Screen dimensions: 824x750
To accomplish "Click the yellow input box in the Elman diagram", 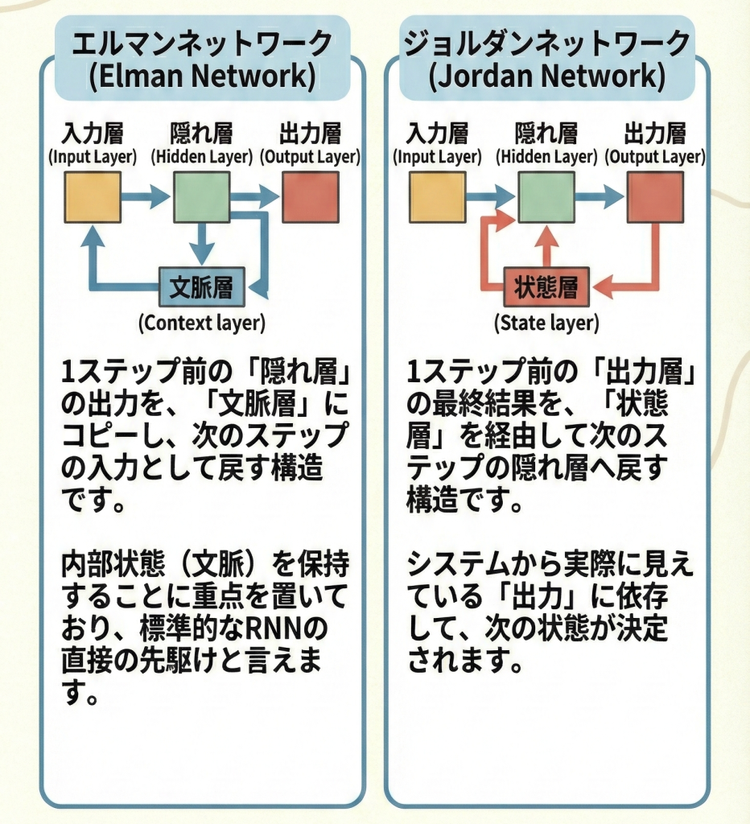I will [x=93, y=196].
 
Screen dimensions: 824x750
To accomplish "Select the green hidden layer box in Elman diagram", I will [x=201, y=196].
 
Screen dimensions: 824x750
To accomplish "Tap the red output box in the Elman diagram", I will [x=310, y=196].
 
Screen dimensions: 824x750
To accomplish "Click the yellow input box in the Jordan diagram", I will [x=437, y=196].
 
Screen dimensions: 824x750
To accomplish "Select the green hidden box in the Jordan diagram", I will [x=546, y=196].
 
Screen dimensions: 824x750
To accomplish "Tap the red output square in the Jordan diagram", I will [x=655, y=196].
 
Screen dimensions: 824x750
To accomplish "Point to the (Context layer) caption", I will [x=201, y=323].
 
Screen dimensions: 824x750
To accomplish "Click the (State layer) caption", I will [x=546, y=323].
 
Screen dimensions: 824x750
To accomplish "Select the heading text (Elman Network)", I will [x=202, y=78].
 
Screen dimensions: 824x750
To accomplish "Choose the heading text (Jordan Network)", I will [x=547, y=78].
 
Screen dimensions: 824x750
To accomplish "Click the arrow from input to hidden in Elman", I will [x=146, y=196].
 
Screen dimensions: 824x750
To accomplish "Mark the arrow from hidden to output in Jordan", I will [x=600, y=196].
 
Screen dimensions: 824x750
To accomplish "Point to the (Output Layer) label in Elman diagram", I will [x=311, y=157].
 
